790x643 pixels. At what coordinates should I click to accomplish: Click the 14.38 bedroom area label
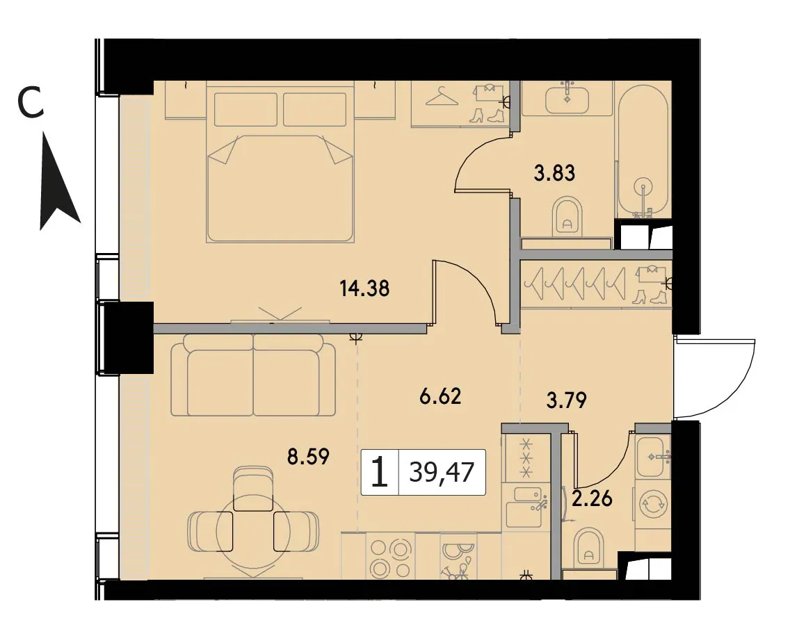coord(364,289)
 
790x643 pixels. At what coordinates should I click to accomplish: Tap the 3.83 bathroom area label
coord(554,173)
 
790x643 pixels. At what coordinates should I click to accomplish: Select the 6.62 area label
coord(440,396)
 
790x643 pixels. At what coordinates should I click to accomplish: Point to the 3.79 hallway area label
coord(567,401)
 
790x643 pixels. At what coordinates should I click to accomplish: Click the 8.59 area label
coord(309,457)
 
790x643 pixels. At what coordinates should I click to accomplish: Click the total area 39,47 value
coord(442,473)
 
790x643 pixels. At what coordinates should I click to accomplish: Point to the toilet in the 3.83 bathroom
coord(567,217)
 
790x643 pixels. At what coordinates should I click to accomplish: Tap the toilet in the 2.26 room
coord(588,547)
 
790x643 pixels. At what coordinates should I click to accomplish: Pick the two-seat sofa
coord(253,375)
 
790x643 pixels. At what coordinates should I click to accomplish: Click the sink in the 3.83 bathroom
coord(567,97)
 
